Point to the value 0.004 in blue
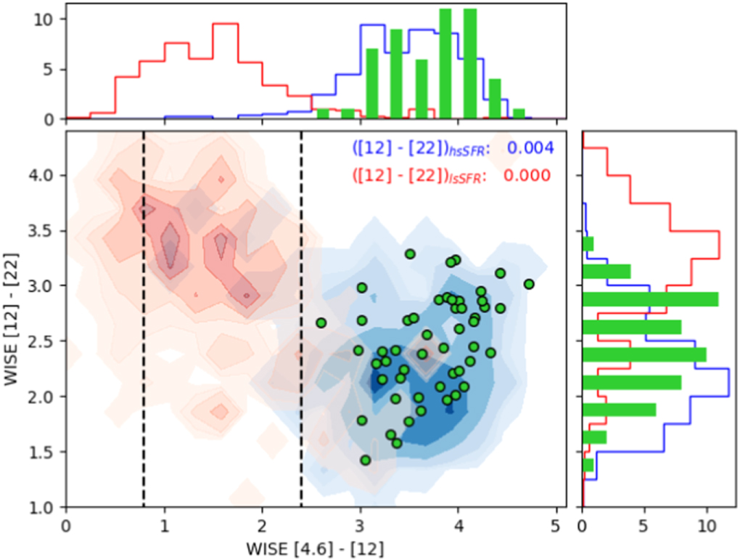coord(530,148)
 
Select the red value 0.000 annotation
coord(530,175)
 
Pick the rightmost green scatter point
coord(529,284)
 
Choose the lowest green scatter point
coord(366,460)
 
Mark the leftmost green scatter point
coord(321,322)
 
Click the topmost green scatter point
coord(410,254)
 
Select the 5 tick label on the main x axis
coord(556,523)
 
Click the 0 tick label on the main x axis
coord(66,523)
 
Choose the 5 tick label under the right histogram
coord(645,523)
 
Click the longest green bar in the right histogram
coord(650,299)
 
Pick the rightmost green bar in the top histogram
coord(519,114)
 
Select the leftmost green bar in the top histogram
coord(323,114)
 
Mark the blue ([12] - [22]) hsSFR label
coord(421,149)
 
